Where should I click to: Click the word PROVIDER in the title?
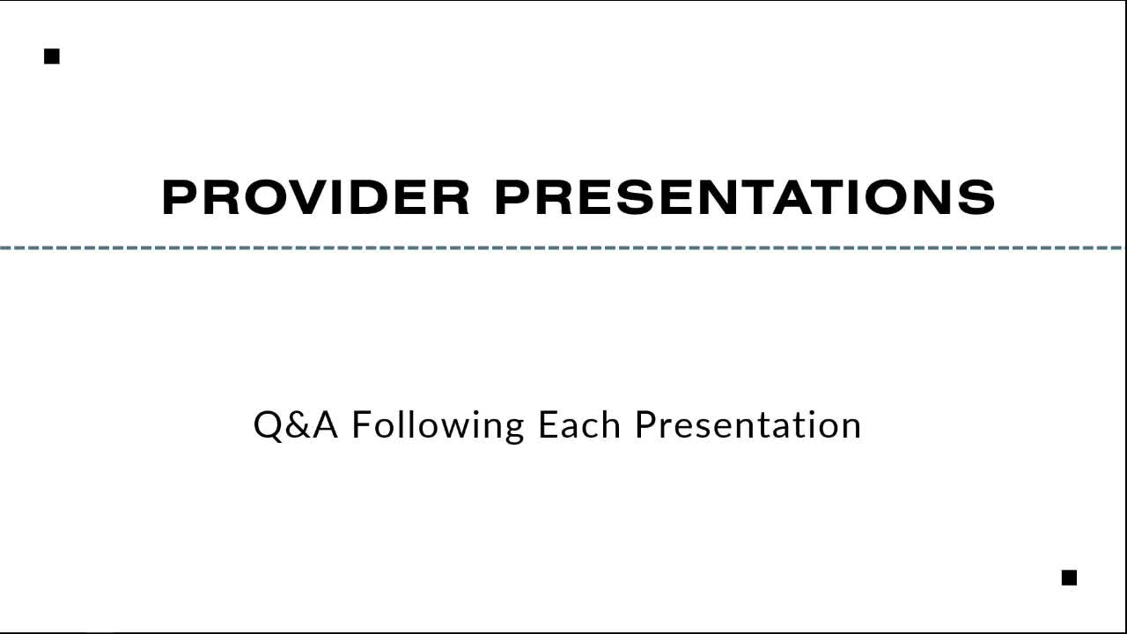coord(316,197)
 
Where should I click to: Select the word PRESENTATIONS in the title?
coord(745,197)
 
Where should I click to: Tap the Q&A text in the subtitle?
coord(296,425)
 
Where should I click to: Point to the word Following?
coord(438,427)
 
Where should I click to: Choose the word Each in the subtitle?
coord(579,424)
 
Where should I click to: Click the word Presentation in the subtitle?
coord(748,424)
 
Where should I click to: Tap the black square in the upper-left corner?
coord(52,56)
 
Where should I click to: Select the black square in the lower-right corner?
coord(1069,578)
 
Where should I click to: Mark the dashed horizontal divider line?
coord(561,247)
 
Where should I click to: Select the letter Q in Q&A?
coord(269,426)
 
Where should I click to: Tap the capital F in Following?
coord(362,424)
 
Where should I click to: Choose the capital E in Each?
coord(548,424)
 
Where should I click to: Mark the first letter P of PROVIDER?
coord(180,197)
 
